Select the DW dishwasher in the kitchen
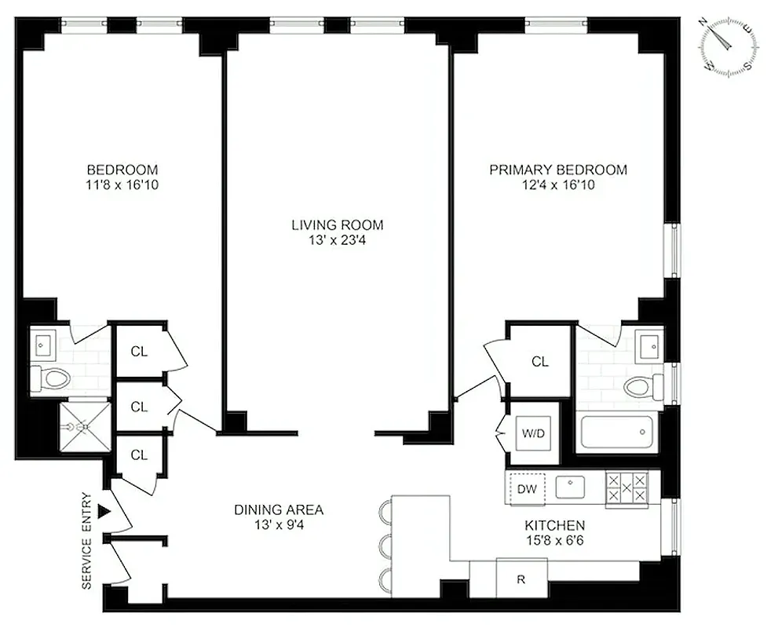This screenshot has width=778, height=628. [527, 489]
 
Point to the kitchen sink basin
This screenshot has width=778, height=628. [571, 487]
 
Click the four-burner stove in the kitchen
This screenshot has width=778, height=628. [626, 487]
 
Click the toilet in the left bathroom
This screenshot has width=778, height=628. [51, 379]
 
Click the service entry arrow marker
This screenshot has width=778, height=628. [104, 512]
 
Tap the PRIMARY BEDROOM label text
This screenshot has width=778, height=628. [558, 170]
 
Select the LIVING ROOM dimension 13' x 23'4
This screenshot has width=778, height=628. [338, 240]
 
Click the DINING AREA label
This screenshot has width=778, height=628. [278, 509]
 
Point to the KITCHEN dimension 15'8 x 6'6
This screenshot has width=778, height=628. [555, 540]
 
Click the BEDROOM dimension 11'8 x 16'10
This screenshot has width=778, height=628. [122, 184]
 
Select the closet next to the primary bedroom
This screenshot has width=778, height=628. [539, 361]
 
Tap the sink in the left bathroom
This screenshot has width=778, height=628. [42, 343]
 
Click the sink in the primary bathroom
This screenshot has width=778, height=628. [648, 345]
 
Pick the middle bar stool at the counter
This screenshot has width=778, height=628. [384, 545]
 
